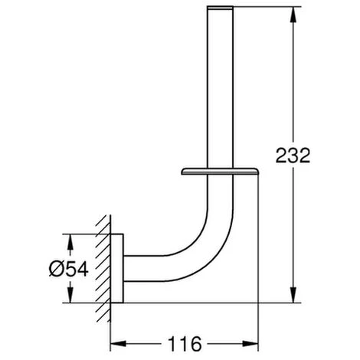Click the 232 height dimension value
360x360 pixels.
pos(293,155)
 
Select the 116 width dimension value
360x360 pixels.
pos(185,344)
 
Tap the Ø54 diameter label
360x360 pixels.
pos(69,269)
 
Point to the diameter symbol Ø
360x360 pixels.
pos(56,269)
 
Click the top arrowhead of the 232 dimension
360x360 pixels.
pos(293,15)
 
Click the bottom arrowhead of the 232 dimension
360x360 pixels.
pos(293,295)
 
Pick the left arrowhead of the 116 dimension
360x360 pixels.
pos(118,343)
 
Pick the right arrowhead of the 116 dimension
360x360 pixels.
pos(250,343)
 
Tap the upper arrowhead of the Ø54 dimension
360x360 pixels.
pos(70,242)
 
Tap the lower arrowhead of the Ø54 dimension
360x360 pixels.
pos(70,295)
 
